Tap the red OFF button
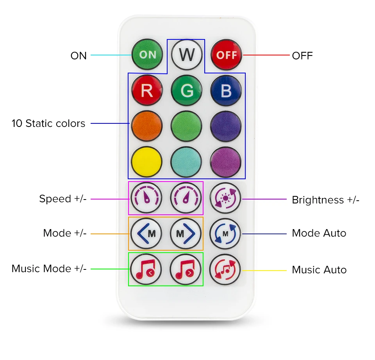(x=227, y=55)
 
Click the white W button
(x=187, y=55)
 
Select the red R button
(x=147, y=91)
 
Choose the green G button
(x=187, y=91)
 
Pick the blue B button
(x=226, y=91)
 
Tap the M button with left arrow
(x=146, y=234)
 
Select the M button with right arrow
(x=186, y=234)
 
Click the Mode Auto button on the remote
(x=225, y=234)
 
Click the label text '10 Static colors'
(x=48, y=124)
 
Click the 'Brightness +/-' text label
(x=325, y=200)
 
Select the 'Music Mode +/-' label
(x=49, y=269)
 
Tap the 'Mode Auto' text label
(x=319, y=233)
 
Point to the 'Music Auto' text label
(x=319, y=270)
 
